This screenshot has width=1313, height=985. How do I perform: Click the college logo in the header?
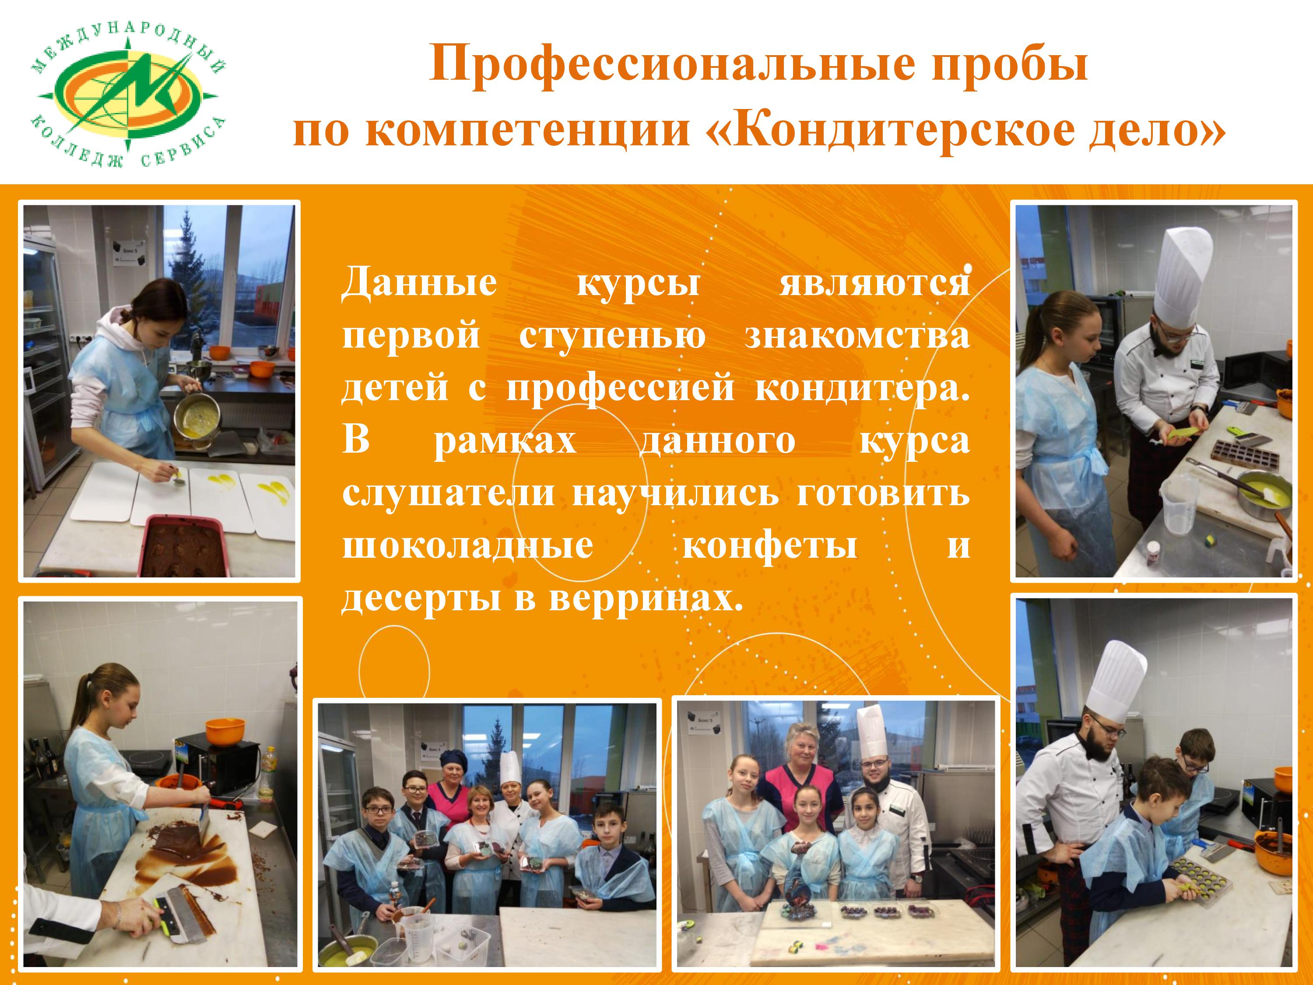point(128,100)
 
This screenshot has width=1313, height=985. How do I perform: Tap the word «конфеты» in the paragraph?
point(770,545)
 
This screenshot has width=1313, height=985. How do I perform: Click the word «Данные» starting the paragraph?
point(419,283)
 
